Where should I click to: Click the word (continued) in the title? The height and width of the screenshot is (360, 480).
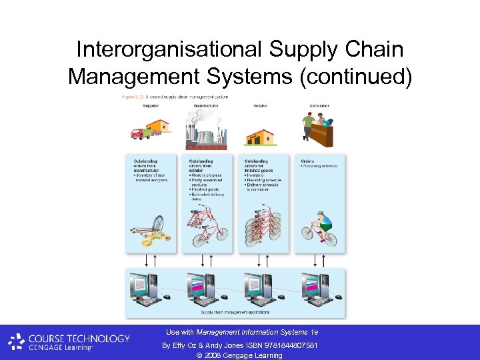355,77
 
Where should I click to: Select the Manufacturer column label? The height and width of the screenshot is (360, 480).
203,106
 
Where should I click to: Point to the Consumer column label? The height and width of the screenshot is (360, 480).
318,106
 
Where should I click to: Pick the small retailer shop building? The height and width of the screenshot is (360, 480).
260,137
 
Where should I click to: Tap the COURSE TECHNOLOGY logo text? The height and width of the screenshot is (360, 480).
78,338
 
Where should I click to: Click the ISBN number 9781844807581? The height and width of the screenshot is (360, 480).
289,345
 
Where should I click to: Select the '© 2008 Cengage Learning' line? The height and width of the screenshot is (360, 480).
239,355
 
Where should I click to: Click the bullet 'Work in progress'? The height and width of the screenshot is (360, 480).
206,175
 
